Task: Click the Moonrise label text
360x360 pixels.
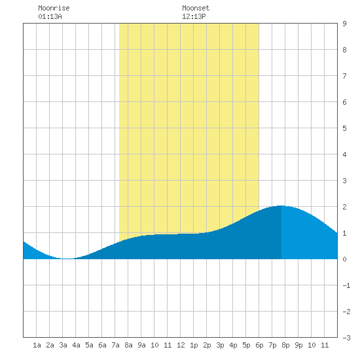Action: coord(54,8)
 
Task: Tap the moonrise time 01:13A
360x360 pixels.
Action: coord(50,16)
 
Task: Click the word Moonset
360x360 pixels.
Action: coord(196,8)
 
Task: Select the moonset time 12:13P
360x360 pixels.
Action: coord(194,16)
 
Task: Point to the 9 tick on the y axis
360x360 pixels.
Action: coord(344,24)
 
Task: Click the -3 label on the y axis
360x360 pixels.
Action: coord(346,338)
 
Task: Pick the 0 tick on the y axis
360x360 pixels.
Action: coord(344,259)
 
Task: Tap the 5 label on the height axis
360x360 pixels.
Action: coord(344,128)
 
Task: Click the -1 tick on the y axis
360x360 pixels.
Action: coord(346,285)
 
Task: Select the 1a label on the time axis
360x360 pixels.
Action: coord(37,345)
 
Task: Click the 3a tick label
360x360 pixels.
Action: coord(63,345)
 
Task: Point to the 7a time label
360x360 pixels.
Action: coord(115,345)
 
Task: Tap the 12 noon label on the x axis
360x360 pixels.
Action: coord(181,345)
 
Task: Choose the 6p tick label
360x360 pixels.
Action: coord(259,345)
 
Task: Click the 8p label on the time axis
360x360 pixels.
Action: coord(285,345)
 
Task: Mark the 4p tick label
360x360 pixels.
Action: coord(233,345)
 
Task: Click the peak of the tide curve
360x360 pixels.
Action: coord(281,206)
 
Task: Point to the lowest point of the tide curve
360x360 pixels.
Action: coord(67,259)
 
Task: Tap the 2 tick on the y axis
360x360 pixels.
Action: coord(344,207)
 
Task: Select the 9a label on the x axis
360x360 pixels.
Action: coord(141,345)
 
